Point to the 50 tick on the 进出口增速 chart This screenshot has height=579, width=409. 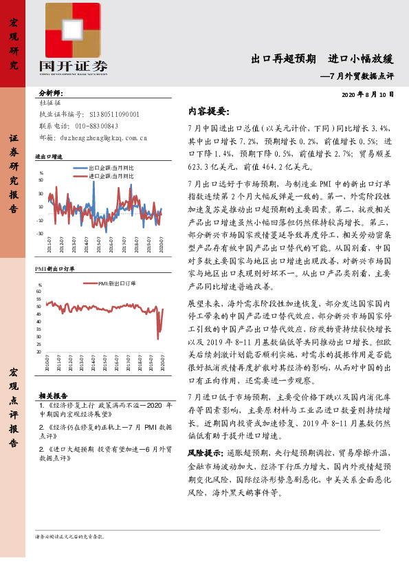[x=41, y=179]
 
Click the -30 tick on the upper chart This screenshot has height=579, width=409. [x=40, y=234]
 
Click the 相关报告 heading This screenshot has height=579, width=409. [x=52, y=395]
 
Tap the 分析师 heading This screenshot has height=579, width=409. [x=50, y=92]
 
